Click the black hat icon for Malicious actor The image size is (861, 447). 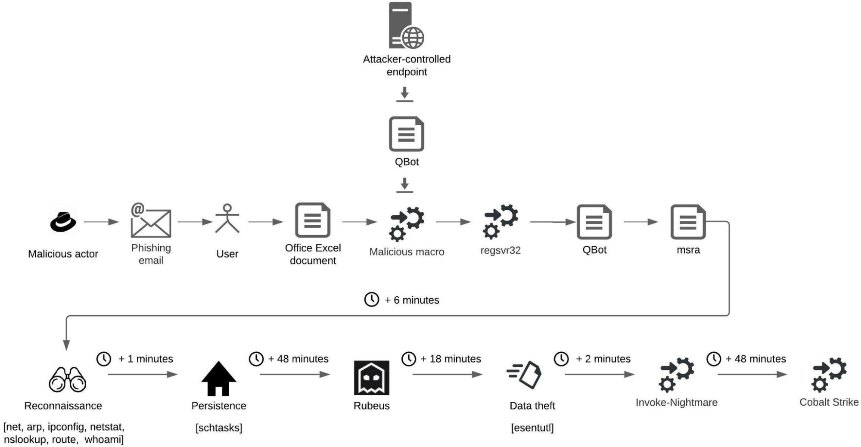(63, 222)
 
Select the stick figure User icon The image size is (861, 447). (227, 219)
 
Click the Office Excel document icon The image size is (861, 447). (313, 220)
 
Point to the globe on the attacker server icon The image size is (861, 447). (413, 37)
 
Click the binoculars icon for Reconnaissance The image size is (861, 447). (67, 379)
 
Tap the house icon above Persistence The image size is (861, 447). (219, 379)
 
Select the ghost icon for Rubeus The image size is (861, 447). (371, 378)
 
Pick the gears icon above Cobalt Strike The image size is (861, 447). (829, 374)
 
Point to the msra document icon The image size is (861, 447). (688, 222)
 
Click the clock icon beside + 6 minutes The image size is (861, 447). (371, 299)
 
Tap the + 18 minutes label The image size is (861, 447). (451, 359)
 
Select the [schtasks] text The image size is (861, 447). (219, 428)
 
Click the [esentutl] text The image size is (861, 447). (532, 428)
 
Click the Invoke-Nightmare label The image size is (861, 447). (676, 403)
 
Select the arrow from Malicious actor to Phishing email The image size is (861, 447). (102, 222)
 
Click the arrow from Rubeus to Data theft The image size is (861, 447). (447, 374)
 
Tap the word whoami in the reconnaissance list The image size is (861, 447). (104, 440)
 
